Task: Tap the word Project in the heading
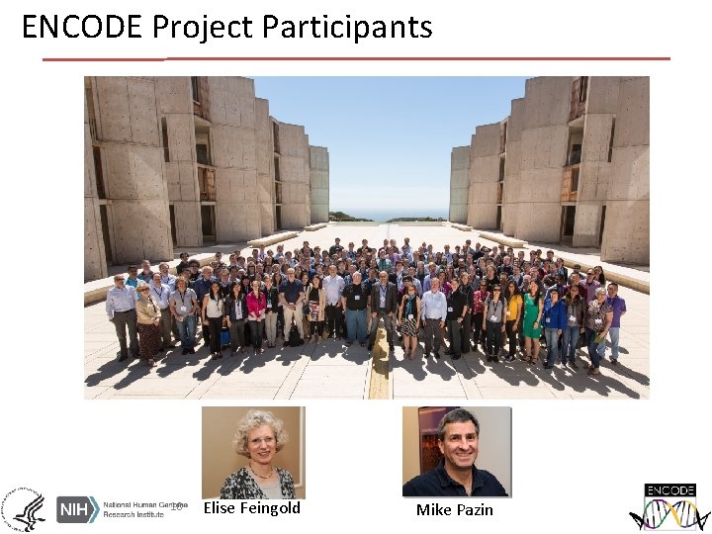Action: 203,27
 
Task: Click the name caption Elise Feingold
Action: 251,508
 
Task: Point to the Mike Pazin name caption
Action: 454,510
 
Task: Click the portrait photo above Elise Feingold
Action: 252,452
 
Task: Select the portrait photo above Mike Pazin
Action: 456,452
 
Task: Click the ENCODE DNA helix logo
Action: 669,507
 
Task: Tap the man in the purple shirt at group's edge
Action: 615,316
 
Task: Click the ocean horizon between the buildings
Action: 390,215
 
